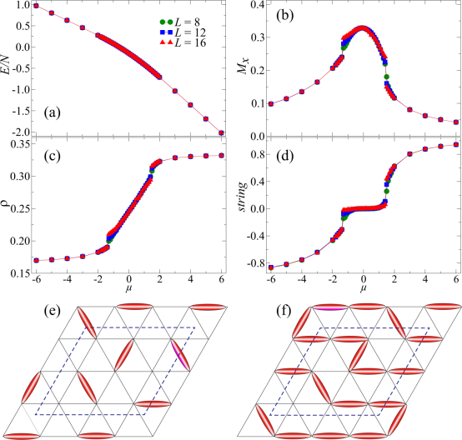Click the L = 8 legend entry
[180, 22]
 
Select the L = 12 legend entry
[183, 32]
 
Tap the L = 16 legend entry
[183, 42]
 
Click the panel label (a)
[53, 112]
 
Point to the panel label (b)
[285, 16]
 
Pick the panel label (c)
[53, 156]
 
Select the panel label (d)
[285, 156]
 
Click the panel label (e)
[53, 311]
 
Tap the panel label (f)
[284, 311]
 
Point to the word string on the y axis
[243, 197]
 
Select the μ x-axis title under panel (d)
[364, 288]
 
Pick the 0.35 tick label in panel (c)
[20, 144]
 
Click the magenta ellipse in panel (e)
[180, 355]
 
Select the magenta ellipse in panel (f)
[329, 307]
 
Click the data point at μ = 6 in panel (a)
[221, 132]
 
